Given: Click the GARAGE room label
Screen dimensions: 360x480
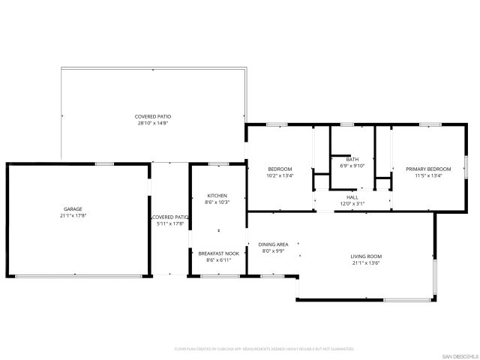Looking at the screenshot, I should coord(73,209).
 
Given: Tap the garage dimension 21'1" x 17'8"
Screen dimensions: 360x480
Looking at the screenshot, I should coord(73,216).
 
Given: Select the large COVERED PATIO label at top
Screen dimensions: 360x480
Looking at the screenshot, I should coord(153,116).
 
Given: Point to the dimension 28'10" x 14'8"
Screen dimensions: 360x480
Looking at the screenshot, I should coord(153,123).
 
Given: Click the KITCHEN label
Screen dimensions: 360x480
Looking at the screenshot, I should coord(217,196).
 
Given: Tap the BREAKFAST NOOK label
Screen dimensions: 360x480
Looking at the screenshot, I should coord(218,253).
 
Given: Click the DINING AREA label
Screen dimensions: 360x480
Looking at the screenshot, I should coord(274,244).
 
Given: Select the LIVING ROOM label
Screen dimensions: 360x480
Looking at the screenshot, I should coord(366,256).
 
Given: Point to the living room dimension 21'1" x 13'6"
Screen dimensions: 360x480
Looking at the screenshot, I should coord(366,263).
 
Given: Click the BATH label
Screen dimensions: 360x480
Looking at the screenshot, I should coord(352,159).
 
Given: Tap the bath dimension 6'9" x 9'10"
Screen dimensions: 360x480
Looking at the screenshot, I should coord(352,166).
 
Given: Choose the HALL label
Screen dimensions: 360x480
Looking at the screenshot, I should coord(352,197).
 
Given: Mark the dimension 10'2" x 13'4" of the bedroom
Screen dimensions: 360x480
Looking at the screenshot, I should coord(280,175).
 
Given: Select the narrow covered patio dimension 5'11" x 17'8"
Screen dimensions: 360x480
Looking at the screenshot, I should coord(169,223).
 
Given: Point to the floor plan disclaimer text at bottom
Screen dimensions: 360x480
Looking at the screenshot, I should coord(263,349).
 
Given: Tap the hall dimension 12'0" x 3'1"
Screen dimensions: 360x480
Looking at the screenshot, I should coord(352,204).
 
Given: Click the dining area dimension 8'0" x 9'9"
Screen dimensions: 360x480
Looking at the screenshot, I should coord(274,251).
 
